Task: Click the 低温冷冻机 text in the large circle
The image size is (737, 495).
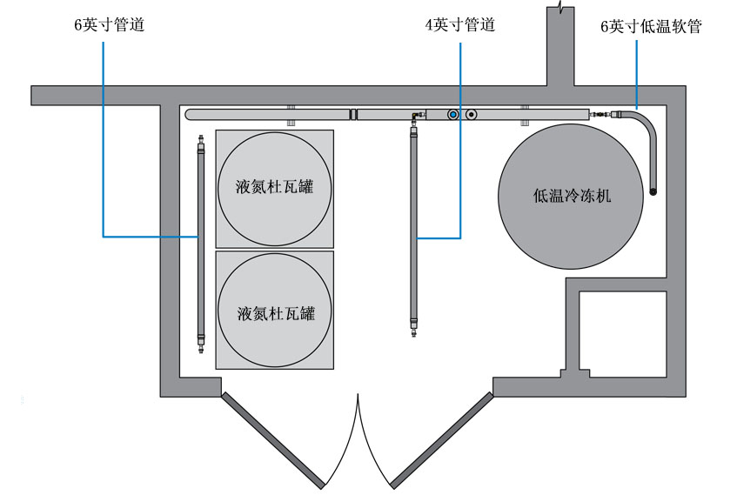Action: tap(573, 196)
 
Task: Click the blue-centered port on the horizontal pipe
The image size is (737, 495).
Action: tap(452, 114)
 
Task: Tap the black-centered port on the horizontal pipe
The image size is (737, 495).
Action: tap(471, 114)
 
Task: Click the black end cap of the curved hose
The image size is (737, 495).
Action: tap(653, 191)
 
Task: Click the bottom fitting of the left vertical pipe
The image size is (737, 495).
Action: tap(199, 344)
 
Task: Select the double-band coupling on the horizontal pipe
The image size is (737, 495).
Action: tap(352, 114)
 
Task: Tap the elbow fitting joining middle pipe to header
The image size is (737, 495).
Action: tap(415, 117)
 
